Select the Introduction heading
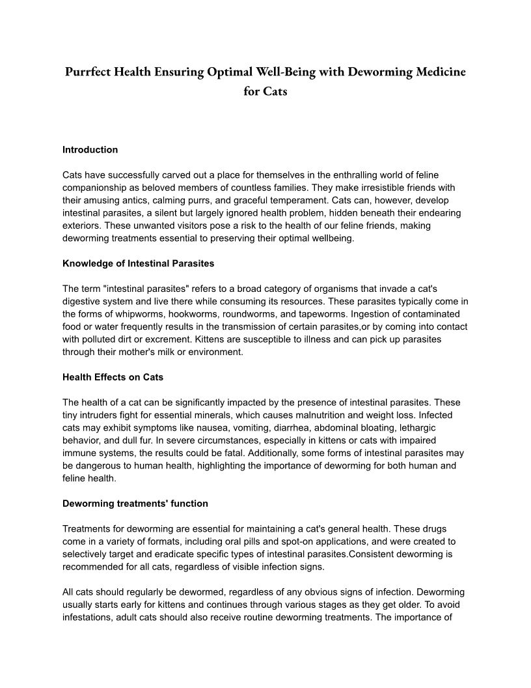click(90, 150)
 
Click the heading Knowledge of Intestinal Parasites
click(138, 263)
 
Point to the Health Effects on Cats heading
click(113, 377)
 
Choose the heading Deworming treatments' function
click(135, 503)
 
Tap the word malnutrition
click(293, 414)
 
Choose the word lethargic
click(413, 427)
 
